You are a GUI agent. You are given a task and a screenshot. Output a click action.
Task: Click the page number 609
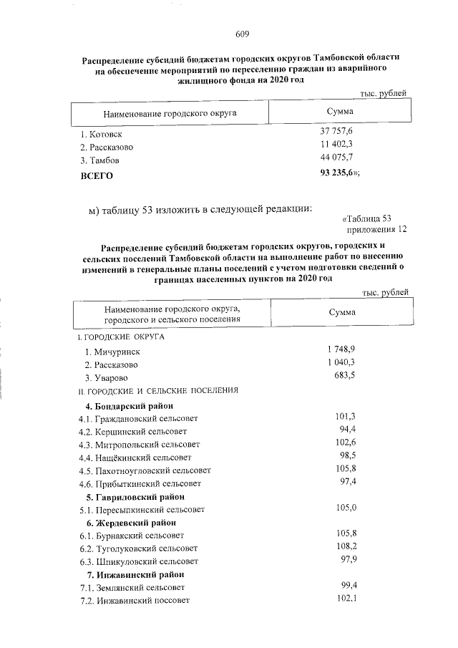[x=242, y=34]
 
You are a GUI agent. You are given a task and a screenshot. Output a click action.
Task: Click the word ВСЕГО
[x=97, y=175]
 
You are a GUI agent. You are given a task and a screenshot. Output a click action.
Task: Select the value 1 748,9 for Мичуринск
[x=341, y=349]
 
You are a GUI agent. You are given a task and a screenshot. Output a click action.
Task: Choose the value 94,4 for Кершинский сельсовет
[x=346, y=430]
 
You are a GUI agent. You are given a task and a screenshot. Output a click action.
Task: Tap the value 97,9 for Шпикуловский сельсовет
[x=346, y=560]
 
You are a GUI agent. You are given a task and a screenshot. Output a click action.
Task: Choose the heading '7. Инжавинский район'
[x=135, y=574]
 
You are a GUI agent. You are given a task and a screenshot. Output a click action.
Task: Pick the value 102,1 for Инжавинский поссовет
[x=346, y=599]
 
